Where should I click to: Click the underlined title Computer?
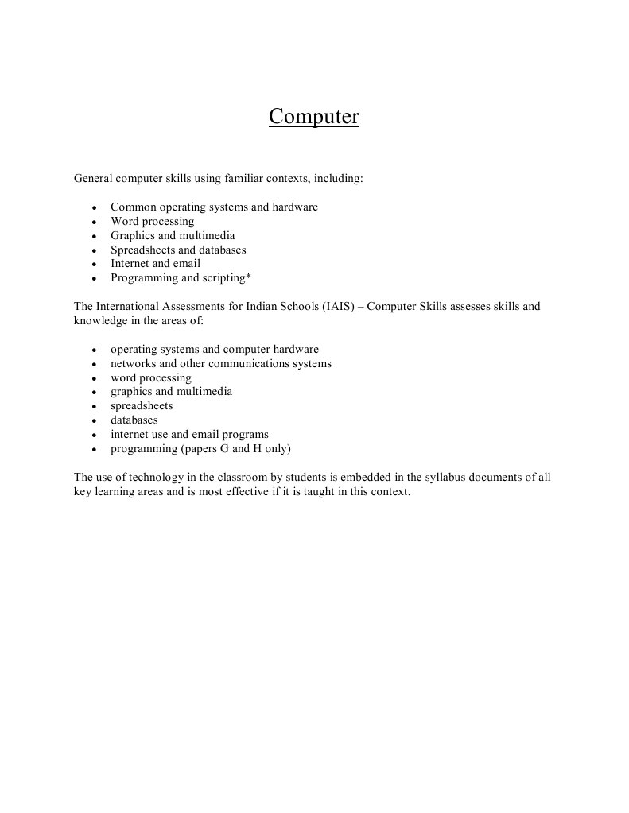pyautogui.click(x=313, y=117)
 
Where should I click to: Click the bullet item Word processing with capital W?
pyautogui.click(x=152, y=221)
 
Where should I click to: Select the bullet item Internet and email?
pyautogui.click(x=155, y=263)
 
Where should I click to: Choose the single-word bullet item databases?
pyautogui.click(x=134, y=420)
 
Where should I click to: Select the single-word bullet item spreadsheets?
pyautogui.click(x=142, y=405)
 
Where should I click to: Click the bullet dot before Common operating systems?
pyautogui.click(x=94, y=208)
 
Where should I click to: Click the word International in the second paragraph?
pyautogui.click(x=130, y=306)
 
